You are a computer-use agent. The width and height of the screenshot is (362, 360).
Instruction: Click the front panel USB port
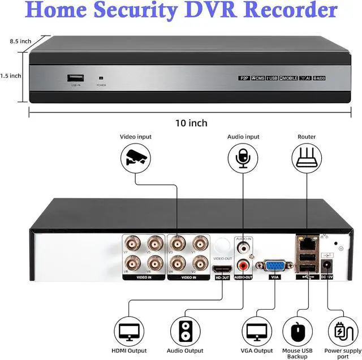[x=74, y=78]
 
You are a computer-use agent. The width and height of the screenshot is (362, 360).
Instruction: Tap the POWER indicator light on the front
[x=101, y=79]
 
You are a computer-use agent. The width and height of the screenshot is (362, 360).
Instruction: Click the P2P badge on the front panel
[x=244, y=77]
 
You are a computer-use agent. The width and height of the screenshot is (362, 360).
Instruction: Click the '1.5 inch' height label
[x=11, y=75]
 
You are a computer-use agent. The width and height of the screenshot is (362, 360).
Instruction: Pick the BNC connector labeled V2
[x=199, y=263]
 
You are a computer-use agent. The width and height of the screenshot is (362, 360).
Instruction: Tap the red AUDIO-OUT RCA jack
[x=244, y=264]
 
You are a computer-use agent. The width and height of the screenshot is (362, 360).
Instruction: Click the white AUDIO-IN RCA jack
[x=244, y=247]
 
